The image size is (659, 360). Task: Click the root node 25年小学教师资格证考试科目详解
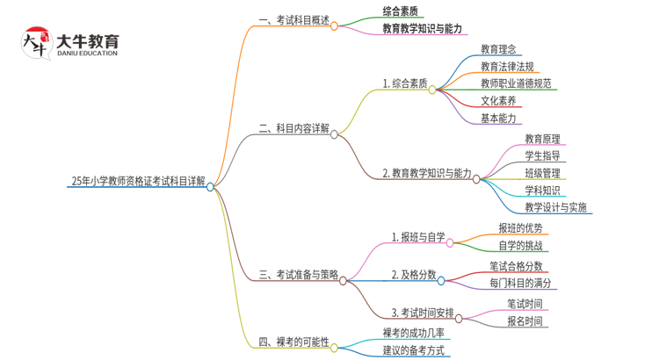138,182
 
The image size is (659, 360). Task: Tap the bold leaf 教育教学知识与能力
422,29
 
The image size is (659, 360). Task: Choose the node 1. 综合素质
405,84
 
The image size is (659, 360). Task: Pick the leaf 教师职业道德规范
516,83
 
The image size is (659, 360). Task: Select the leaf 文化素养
498,101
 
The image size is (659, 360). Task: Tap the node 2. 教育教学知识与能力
427,173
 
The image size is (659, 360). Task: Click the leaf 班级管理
542,173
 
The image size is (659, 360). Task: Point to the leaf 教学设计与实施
556,207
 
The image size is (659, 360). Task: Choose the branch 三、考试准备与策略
299,276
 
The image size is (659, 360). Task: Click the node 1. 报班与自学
418,236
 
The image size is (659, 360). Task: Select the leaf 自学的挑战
519,246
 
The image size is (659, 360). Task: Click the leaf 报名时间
524,321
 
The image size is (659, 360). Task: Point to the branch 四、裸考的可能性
293,342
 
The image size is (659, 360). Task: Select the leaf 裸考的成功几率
413,333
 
